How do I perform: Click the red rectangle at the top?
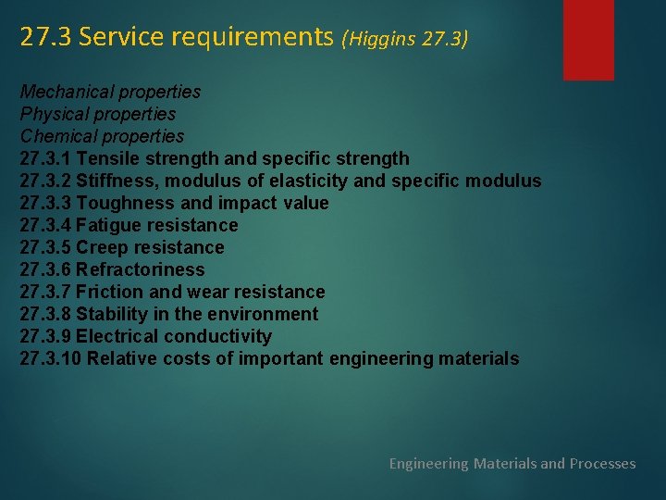point(588,39)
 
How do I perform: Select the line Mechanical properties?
point(110,92)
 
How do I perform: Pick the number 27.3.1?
point(45,158)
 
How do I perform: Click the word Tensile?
point(107,158)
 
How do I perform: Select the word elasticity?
point(306,181)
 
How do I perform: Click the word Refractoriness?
point(141,269)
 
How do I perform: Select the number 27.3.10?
point(51,358)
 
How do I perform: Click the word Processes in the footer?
point(602,463)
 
